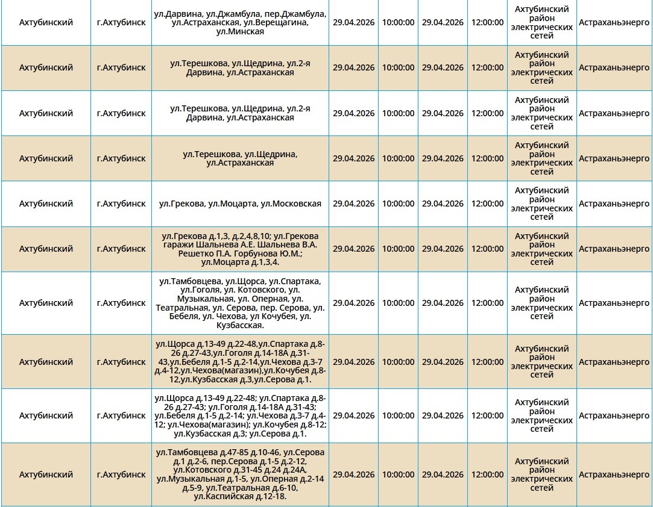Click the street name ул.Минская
(240, 31)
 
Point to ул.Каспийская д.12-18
(240, 496)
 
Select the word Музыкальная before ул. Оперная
(205, 299)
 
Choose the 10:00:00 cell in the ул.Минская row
(398, 22)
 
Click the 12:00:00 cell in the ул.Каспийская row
(487, 474)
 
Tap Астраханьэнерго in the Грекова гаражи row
(614, 249)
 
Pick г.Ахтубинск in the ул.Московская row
(121, 204)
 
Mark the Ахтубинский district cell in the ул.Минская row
(46, 22)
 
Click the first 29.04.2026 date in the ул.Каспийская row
(353, 474)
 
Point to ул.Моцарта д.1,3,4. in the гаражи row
(240, 262)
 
